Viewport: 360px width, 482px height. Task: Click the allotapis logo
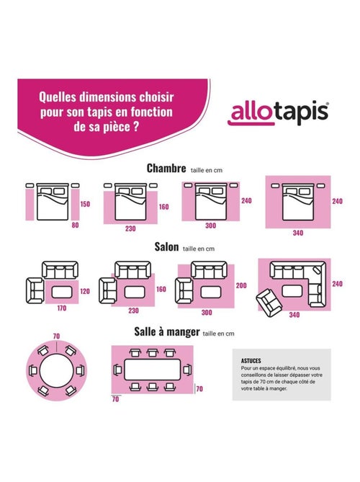click(279, 113)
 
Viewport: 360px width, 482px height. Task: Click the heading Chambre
click(166, 168)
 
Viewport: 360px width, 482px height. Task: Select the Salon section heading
click(167, 246)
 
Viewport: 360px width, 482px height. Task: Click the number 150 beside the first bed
click(84, 204)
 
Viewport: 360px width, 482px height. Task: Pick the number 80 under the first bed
click(76, 226)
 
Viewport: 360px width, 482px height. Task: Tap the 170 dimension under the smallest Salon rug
click(62, 311)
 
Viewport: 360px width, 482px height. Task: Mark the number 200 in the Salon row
click(241, 285)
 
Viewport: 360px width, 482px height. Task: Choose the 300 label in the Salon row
click(206, 312)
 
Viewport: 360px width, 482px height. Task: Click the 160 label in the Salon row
click(161, 290)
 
